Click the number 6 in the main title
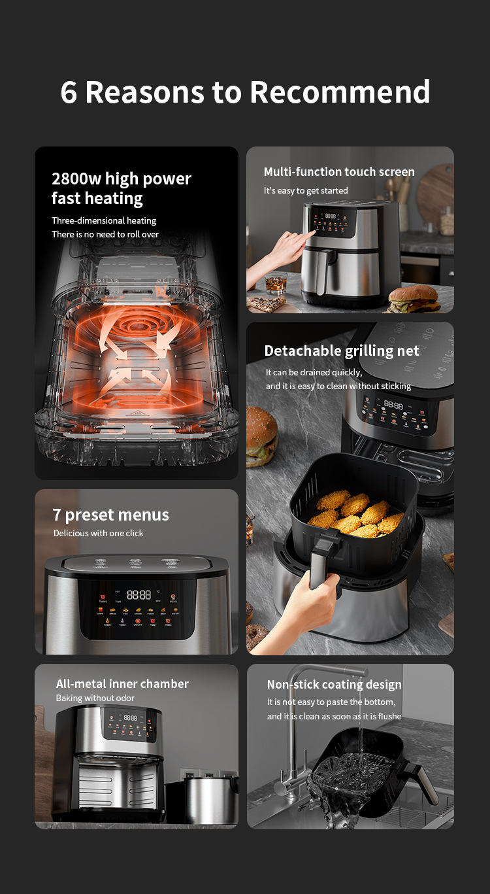coord(69,92)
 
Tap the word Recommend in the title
coord(340,92)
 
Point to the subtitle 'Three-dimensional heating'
coord(104,220)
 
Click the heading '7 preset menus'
coord(110,515)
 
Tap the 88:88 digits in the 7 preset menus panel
coord(139,594)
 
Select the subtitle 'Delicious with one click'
coord(98,533)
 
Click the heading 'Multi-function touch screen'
coord(338,172)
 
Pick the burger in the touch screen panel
coord(414,299)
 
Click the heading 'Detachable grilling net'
coord(341,351)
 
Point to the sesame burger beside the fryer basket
coord(261,435)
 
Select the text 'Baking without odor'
coord(95,698)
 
